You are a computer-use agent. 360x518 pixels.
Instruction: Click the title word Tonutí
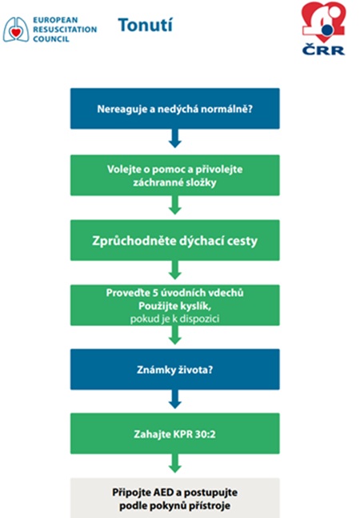tap(145, 25)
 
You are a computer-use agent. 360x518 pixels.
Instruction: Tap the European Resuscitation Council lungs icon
tap(16, 30)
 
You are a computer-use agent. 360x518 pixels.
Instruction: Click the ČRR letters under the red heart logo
tap(323, 50)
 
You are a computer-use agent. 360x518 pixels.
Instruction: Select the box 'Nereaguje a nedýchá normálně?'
tap(175, 108)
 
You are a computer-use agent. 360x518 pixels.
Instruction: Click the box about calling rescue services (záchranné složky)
tap(175, 175)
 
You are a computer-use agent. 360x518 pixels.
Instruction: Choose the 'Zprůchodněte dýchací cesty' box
tap(175, 240)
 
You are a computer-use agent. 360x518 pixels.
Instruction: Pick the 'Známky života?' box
tap(175, 369)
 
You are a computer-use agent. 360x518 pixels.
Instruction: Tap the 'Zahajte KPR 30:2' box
tap(175, 433)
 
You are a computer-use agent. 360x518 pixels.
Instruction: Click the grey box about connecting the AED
tap(175, 498)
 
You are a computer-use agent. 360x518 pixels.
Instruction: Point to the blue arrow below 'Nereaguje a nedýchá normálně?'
tap(175, 138)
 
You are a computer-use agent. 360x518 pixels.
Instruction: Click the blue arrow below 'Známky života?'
tap(175, 399)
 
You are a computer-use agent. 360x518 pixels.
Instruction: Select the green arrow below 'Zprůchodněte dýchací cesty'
tap(175, 270)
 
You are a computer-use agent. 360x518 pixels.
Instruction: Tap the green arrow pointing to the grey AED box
tap(175, 464)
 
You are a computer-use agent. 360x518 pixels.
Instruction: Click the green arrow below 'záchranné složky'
tap(175, 205)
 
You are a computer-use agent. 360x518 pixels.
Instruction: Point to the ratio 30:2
tap(205, 434)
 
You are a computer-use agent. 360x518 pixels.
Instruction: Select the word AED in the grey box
tap(163, 492)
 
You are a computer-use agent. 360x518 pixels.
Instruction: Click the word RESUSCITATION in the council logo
tap(65, 30)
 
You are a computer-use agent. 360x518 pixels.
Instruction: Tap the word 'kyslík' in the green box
tap(198, 307)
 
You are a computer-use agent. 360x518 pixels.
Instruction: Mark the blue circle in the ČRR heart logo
tap(327, 30)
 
